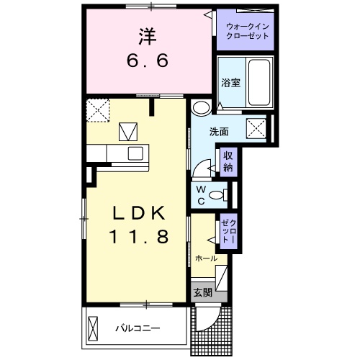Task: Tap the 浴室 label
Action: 231,82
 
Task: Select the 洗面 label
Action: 219,132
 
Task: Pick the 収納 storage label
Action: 228,161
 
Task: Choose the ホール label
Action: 207,258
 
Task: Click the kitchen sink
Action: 135,153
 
